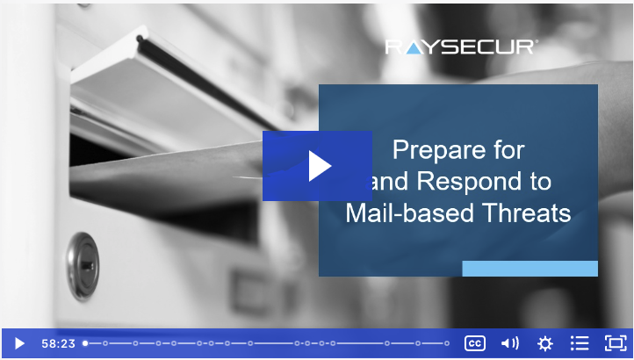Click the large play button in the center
click(x=317, y=166)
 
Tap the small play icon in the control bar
click(x=19, y=344)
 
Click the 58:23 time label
click(x=58, y=344)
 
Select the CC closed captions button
click(x=475, y=343)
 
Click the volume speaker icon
click(x=510, y=343)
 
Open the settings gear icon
click(x=544, y=343)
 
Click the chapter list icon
click(x=580, y=343)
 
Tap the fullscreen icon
click(x=615, y=343)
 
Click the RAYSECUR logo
click(x=459, y=47)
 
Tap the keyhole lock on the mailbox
click(x=83, y=266)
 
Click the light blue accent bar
click(x=530, y=269)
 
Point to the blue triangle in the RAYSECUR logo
click(x=413, y=49)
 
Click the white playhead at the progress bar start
click(x=85, y=343)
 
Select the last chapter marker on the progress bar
click(x=447, y=343)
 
